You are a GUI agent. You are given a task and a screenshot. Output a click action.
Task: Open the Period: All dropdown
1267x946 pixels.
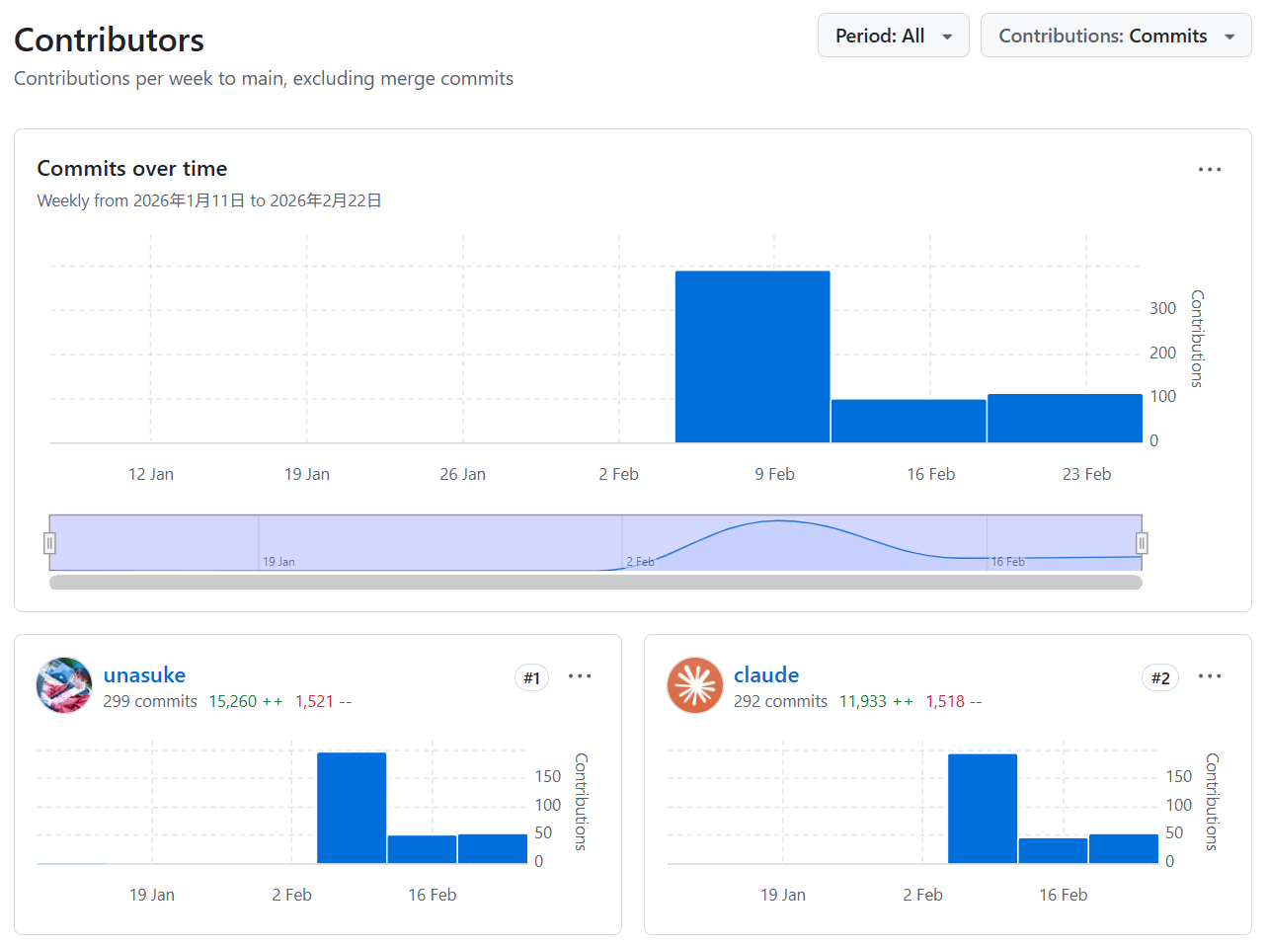click(893, 36)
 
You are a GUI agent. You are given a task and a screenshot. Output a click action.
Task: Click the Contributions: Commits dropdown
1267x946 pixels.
click(1115, 36)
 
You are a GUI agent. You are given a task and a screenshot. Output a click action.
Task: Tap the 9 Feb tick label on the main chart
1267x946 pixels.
click(774, 474)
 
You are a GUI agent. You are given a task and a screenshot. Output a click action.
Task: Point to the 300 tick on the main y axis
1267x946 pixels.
click(1162, 309)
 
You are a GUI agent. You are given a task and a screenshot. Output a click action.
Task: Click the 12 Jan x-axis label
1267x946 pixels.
click(151, 474)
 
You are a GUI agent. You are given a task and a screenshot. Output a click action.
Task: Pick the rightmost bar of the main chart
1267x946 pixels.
click(1065, 418)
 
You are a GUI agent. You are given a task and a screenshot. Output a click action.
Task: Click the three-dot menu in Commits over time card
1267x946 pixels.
click(1210, 170)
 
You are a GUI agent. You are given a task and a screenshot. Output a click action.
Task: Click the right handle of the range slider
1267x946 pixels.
click(1142, 543)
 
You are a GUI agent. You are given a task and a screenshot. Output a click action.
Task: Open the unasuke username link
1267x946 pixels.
click(144, 675)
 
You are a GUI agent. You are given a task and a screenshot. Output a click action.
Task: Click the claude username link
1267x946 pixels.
click(766, 675)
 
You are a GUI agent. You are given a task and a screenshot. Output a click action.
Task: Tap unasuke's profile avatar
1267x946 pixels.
click(64, 685)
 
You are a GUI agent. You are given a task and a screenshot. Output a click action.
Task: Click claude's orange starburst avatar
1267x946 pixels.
click(695, 685)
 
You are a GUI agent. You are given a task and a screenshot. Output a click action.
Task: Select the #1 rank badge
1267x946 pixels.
click(531, 678)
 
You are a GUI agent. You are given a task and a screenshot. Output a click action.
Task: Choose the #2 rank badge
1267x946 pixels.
click(1160, 678)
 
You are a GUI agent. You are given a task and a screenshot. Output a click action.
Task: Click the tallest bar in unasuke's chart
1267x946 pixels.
click(352, 808)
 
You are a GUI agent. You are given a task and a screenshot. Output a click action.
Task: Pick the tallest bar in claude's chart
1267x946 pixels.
click(982, 808)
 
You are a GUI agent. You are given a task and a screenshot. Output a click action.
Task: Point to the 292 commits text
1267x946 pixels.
click(780, 701)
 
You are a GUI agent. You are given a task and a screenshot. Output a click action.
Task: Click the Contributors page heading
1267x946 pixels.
click(110, 39)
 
